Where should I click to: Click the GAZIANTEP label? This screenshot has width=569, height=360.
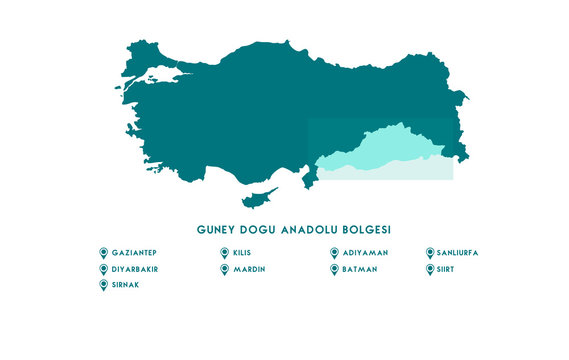pyautogui.click(x=135, y=253)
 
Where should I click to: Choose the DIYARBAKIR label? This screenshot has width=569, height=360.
pyautogui.click(x=136, y=269)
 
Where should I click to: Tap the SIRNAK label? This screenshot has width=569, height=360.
pyautogui.click(x=127, y=285)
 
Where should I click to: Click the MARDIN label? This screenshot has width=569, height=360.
pyautogui.click(x=249, y=269)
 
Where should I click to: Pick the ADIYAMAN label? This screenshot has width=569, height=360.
pyautogui.click(x=365, y=253)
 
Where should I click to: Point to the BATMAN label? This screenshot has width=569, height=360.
pyautogui.click(x=360, y=269)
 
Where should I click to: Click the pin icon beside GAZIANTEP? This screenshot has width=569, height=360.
pyautogui.click(x=103, y=253)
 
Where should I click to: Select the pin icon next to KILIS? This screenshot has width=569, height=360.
pyautogui.click(x=224, y=253)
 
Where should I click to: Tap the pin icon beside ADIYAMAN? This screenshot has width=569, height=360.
pyautogui.click(x=334, y=253)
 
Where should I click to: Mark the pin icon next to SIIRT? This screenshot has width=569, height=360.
pyautogui.click(x=430, y=269)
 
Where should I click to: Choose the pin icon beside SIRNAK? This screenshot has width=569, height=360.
pyautogui.click(x=103, y=285)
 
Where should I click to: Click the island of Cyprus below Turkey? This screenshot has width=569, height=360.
pyautogui.click(x=261, y=193)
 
